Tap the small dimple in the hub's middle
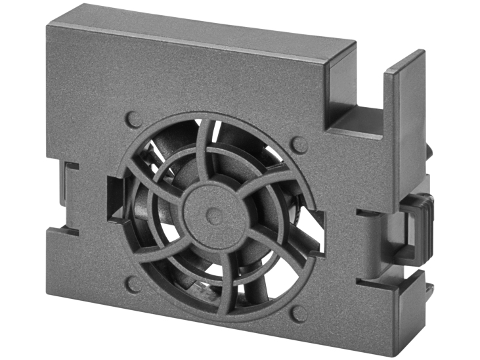[x=210, y=213]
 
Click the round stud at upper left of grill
[x=134, y=120]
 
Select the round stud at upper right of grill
[x=299, y=145]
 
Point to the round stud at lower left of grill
[x=133, y=284]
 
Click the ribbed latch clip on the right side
[x=416, y=223]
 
